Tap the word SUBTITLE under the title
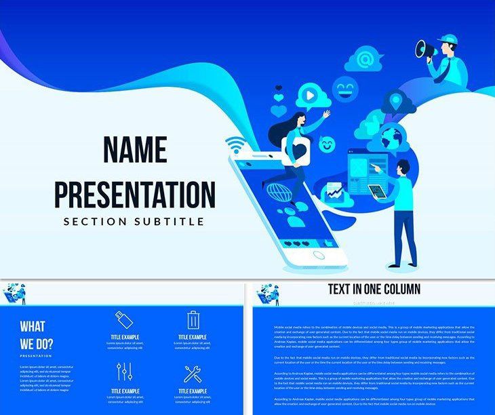click(172, 221)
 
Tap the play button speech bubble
click(309, 96)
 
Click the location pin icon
click(395, 102)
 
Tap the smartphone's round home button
click(318, 256)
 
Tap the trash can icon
click(193, 319)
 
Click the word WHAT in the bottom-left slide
click(33, 326)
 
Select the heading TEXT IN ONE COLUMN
click(374, 290)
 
